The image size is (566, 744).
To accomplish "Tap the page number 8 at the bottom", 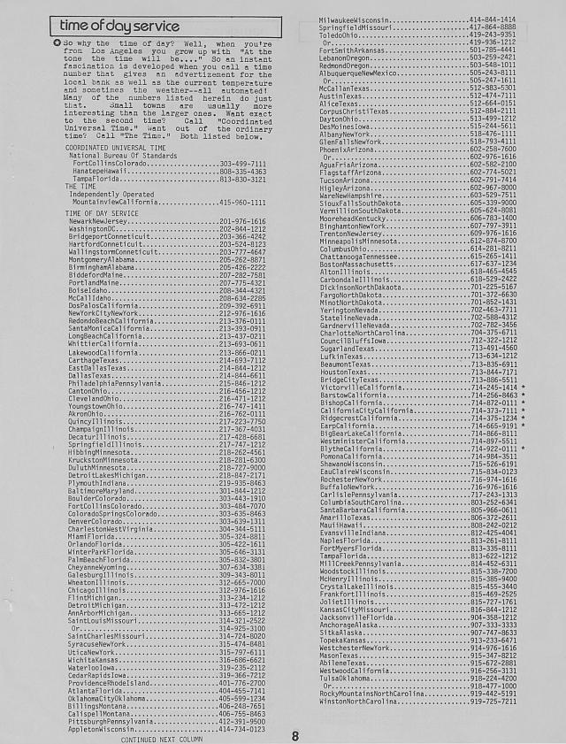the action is pyautogui.click(x=295, y=735).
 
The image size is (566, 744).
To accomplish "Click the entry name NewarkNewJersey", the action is pyautogui.click(x=104, y=221).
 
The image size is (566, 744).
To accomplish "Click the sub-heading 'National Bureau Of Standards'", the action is pyautogui.click(x=112, y=156).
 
